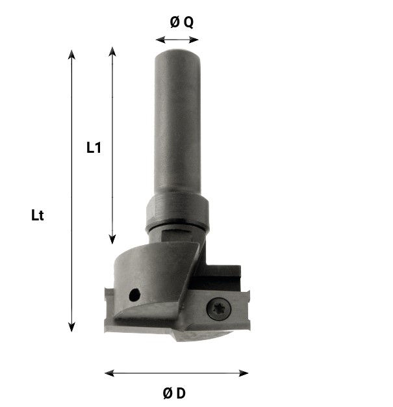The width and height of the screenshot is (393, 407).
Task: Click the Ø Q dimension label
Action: [182, 22]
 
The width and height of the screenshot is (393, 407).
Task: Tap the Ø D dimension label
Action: [174, 393]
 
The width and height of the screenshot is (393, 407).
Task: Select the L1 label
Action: [94, 148]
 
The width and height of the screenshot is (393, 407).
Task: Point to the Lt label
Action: [38, 215]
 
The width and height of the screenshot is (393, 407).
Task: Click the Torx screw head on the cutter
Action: [219, 309]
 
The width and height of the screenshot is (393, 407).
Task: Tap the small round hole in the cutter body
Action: [134, 295]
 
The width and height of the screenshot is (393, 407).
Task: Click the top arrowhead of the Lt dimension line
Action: [71, 55]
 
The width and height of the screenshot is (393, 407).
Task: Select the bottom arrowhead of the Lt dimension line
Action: [71, 327]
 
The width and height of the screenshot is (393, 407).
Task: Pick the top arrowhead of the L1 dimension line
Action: [112, 51]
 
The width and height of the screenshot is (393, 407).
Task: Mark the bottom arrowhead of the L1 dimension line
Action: [112, 239]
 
